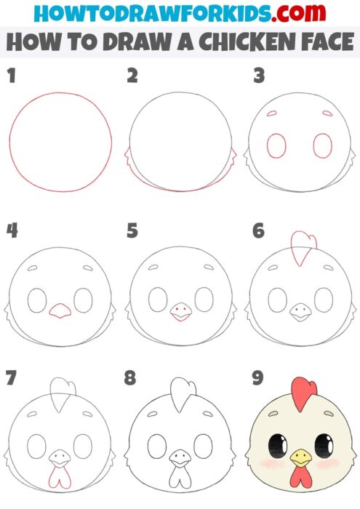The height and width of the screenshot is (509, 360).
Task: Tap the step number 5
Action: click(x=132, y=231)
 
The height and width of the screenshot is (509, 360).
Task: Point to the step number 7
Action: click(x=10, y=379)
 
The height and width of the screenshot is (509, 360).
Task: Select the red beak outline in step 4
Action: click(x=59, y=311)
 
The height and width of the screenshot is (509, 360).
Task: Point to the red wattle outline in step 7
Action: click(x=58, y=476)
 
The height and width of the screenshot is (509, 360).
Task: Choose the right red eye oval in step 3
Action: click(x=322, y=146)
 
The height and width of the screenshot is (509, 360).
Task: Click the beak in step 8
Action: click(x=178, y=458)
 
